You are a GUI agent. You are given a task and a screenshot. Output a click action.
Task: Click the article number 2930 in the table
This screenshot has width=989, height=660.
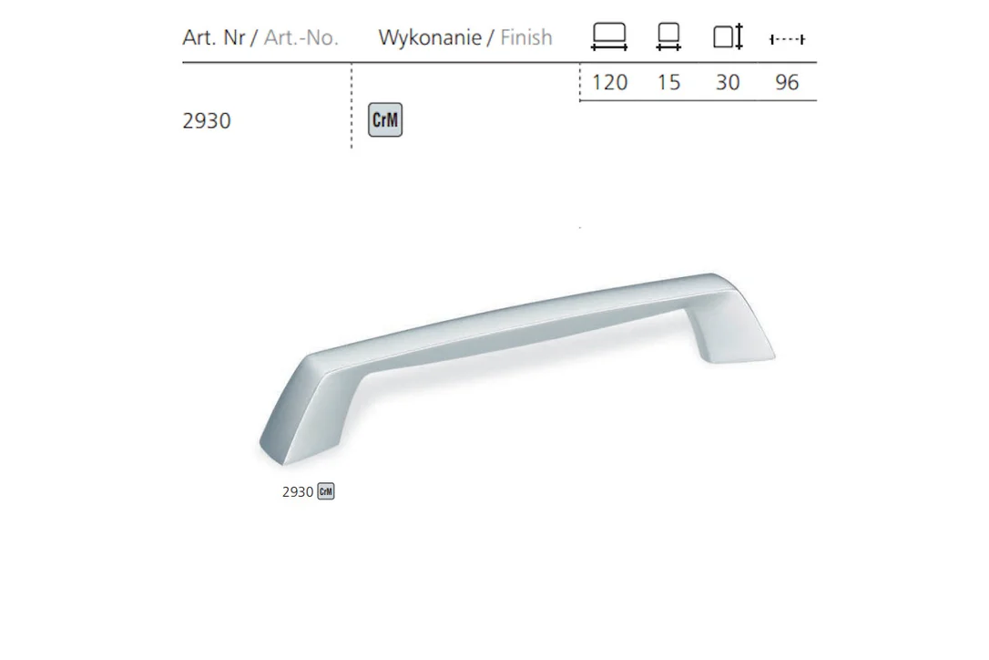(x=206, y=120)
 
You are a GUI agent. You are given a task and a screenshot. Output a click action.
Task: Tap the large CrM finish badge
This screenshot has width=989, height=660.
(x=384, y=119)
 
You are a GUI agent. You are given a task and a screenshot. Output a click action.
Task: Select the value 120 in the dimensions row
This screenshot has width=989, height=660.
(x=609, y=82)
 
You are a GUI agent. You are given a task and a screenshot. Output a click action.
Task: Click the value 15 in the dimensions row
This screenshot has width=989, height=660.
(x=668, y=82)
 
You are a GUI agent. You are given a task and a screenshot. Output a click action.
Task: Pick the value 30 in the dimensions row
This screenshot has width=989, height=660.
(x=728, y=82)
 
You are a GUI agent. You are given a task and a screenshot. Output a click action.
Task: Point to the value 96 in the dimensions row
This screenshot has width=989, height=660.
(x=787, y=82)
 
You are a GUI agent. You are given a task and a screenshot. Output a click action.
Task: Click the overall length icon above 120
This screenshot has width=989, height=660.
(x=609, y=36)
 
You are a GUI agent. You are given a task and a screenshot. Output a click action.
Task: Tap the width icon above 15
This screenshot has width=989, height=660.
(x=668, y=36)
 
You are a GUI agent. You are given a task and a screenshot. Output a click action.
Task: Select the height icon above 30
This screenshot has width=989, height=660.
(x=729, y=36)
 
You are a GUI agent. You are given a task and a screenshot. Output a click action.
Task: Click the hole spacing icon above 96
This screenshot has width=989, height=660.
(x=787, y=39)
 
